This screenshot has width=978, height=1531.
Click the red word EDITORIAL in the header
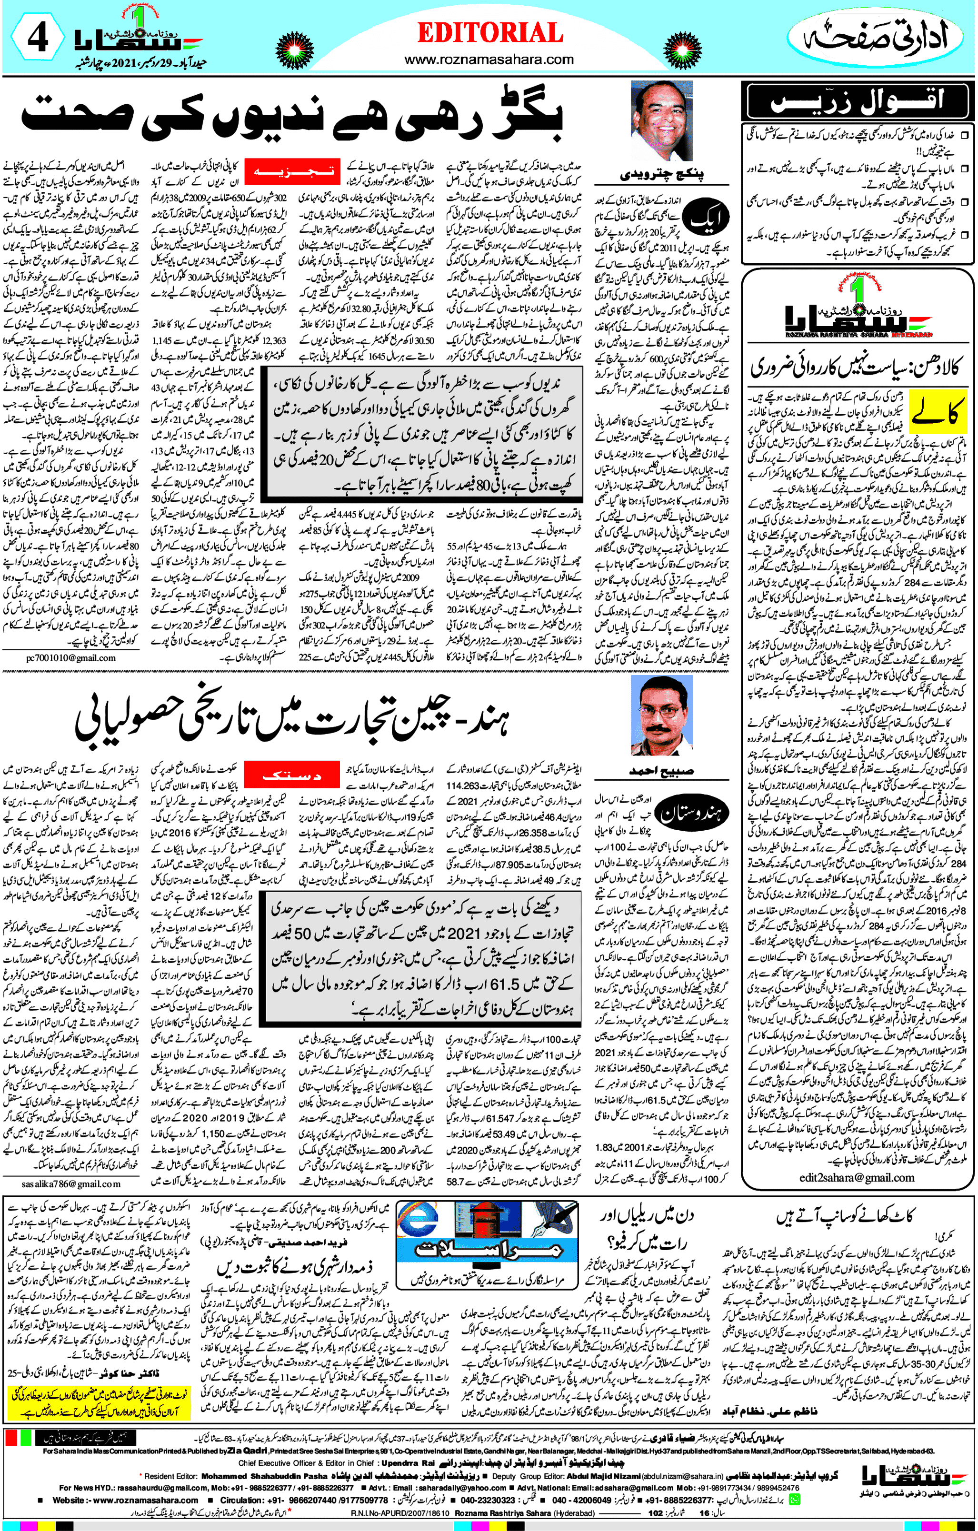point(489,33)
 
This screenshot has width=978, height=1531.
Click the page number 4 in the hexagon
point(38,38)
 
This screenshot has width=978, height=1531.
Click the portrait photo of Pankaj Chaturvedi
point(661,121)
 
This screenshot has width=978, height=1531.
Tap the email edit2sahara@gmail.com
point(857,1177)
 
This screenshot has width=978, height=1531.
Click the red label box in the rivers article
point(292,171)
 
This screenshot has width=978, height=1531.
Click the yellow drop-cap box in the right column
point(938,411)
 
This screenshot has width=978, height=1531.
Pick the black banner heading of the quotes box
point(858,102)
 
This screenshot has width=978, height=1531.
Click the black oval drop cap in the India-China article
point(692,814)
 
